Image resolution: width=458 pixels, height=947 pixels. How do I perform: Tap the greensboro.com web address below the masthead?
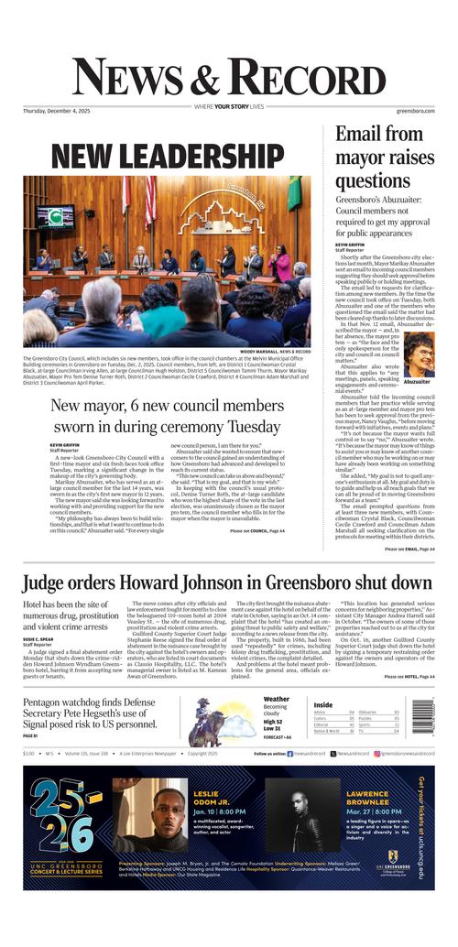tap(415, 111)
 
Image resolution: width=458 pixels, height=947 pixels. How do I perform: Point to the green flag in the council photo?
tap(294, 194)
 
